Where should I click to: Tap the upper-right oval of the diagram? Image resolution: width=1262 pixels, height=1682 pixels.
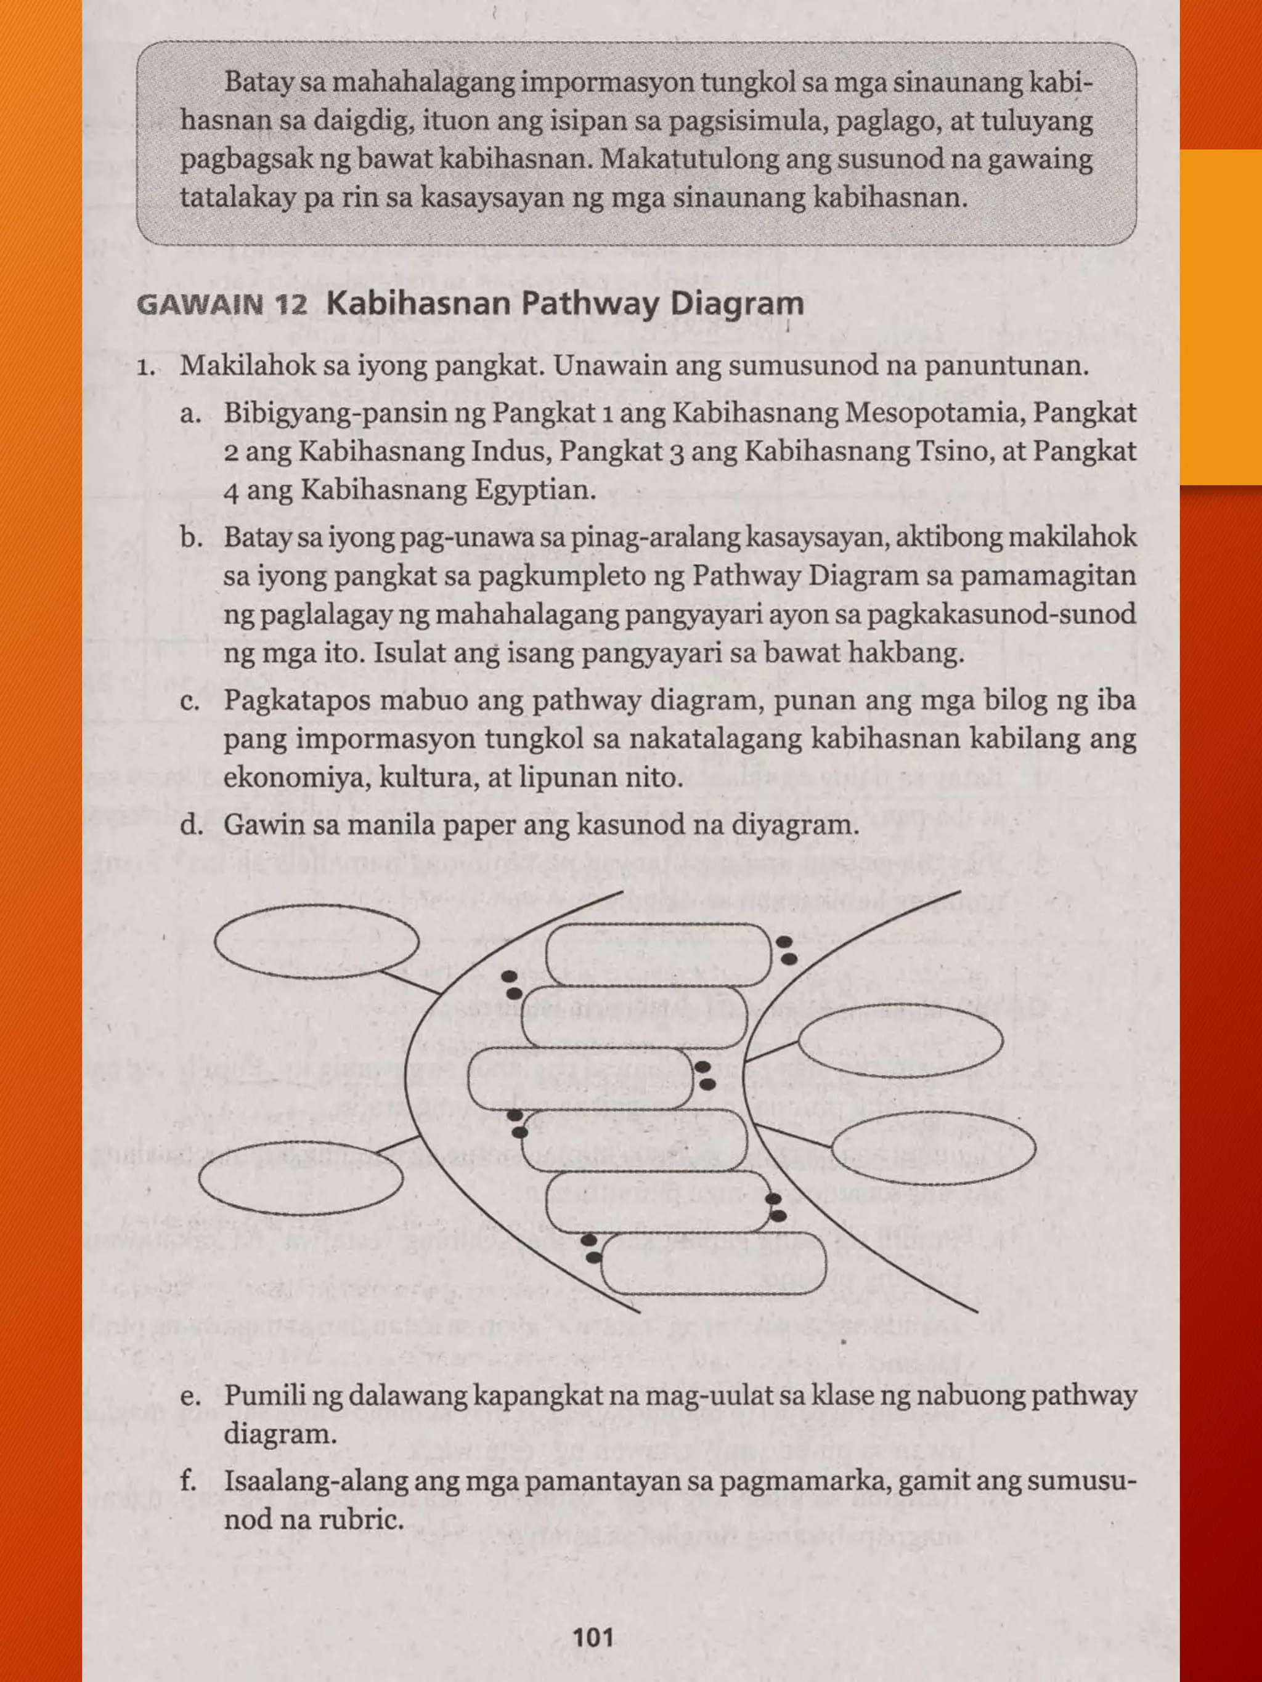click(900, 1041)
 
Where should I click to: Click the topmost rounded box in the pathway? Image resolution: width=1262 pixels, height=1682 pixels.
click(658, 954)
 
